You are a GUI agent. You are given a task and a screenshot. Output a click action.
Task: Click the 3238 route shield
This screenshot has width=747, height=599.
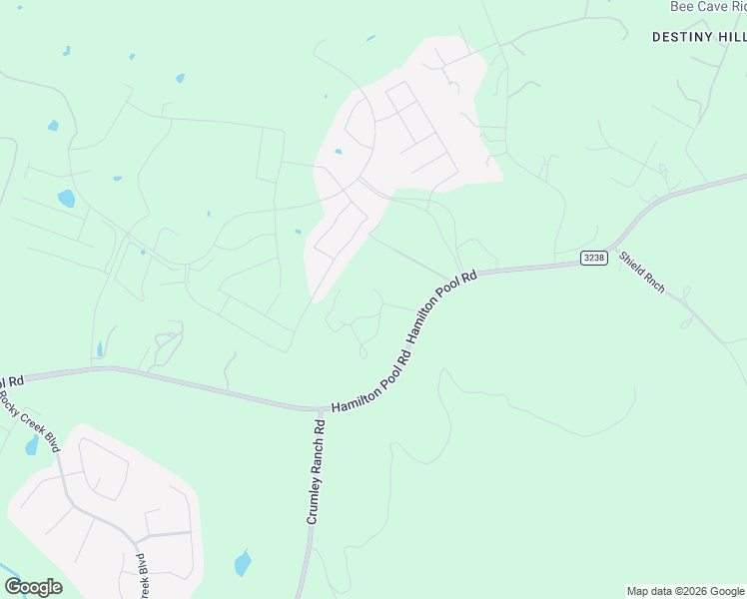(x=594, y=259)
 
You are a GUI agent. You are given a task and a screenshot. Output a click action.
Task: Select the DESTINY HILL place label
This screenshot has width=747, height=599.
(x=698, y=36)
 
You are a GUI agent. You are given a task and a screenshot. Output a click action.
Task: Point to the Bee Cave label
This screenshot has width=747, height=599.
(x=707, y=6)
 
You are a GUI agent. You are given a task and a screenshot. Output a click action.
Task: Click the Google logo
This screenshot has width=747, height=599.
(x=33, y=587)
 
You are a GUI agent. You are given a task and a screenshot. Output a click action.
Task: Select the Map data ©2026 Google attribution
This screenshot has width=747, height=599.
(x=685, y=591)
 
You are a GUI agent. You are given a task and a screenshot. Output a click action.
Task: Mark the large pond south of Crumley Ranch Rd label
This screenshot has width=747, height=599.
(x=243, y=563)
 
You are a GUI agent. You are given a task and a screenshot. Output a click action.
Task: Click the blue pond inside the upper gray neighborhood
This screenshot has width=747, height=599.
(x=339, y=152)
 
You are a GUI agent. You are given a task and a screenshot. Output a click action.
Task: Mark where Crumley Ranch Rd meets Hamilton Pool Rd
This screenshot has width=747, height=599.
(x=318, y=409)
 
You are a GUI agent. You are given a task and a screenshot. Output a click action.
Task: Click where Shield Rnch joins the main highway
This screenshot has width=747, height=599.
(x=612, y=245)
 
